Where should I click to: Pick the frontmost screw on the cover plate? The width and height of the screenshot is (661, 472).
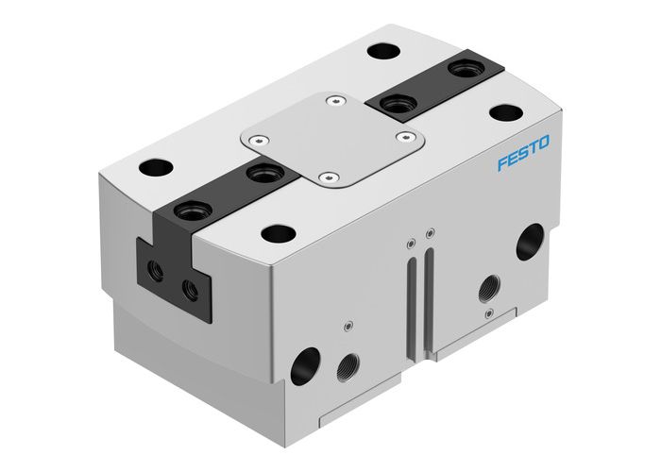(327, 177)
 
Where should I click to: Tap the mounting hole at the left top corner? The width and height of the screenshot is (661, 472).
(150, 171)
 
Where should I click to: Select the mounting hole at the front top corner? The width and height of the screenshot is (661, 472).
(277, 232)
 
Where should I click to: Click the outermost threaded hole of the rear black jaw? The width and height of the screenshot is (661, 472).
(465, 69)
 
